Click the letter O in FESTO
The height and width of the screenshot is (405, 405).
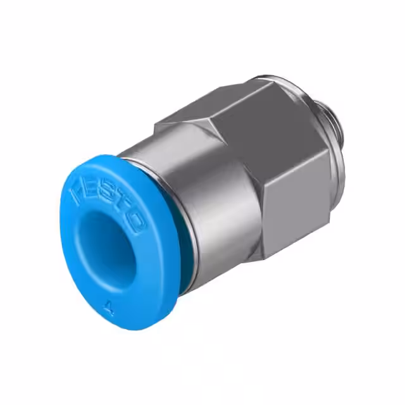coord(135,221)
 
